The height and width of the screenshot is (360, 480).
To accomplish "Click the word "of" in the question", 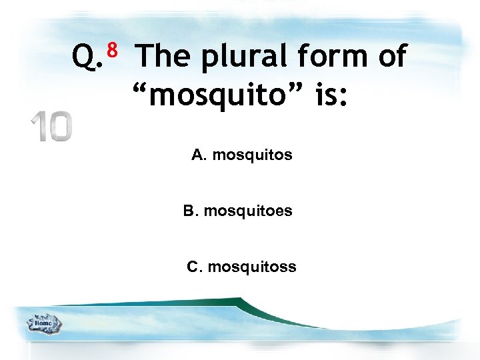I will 391,57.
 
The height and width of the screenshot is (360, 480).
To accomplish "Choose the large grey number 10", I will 51,127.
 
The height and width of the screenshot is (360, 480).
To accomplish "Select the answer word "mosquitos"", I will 252,156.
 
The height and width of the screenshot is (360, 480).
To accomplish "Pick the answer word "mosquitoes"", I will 248,211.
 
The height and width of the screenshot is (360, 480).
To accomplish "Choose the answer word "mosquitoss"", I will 252,267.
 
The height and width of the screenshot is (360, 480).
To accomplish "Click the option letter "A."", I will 200,155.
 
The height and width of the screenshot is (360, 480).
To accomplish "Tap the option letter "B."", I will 191,211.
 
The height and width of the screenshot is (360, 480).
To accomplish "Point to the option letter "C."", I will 195,267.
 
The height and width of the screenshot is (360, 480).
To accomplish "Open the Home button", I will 43,324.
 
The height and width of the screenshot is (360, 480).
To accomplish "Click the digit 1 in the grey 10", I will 37,127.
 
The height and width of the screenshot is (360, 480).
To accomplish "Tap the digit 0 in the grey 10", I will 59,127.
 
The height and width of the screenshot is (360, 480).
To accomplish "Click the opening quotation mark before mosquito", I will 139,88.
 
